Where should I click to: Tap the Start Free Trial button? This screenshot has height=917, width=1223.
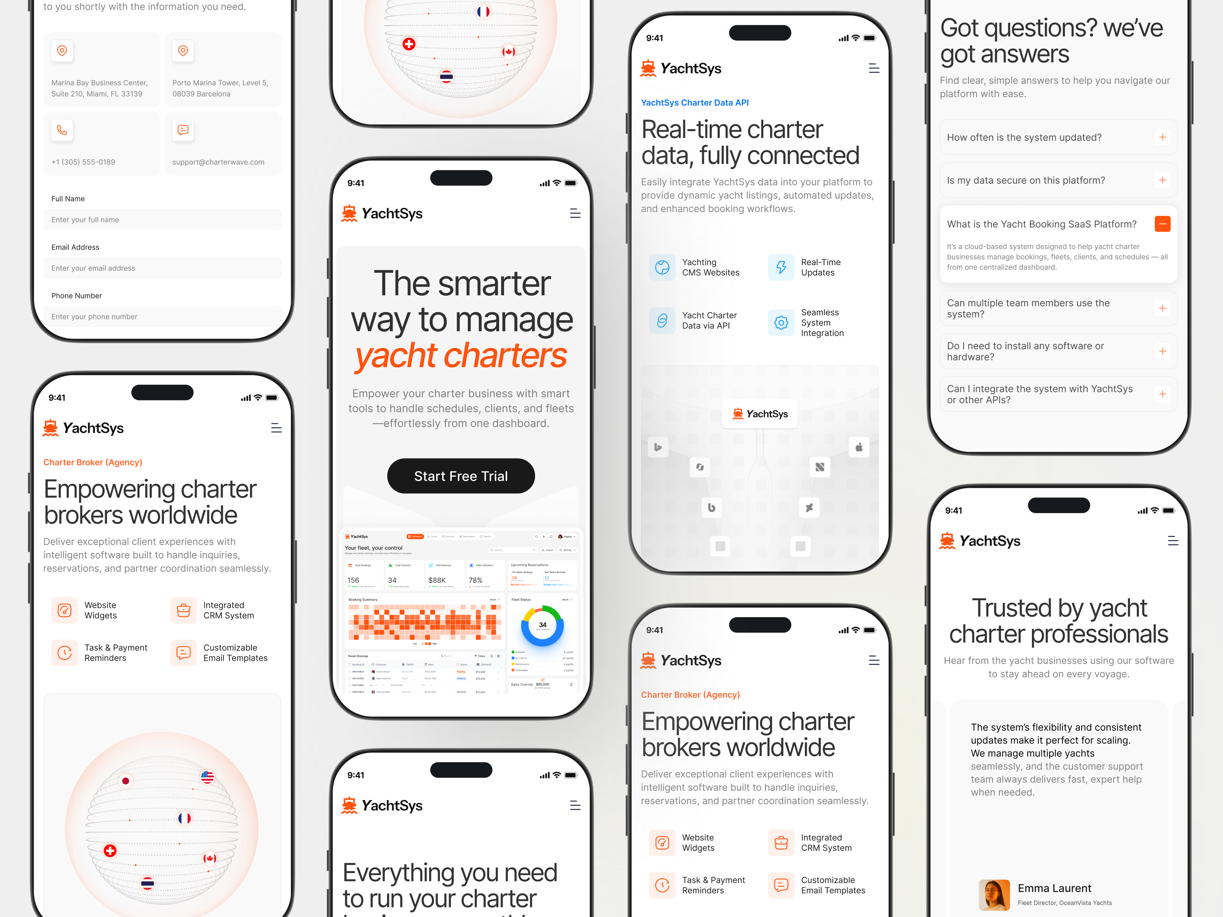(461, 476)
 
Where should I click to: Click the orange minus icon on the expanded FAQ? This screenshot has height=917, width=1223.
(1162, 224)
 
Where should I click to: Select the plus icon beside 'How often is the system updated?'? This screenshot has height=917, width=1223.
(1162, 137)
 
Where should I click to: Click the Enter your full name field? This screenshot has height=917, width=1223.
(162, 219)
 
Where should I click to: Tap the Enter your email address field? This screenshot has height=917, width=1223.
(162, 268)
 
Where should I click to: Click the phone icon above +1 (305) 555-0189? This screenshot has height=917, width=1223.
(62, 130)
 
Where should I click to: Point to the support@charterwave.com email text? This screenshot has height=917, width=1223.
(218, 162)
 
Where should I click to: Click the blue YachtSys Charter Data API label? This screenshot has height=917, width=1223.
(694, 102)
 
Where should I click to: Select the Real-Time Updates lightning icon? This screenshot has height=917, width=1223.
(781, 267)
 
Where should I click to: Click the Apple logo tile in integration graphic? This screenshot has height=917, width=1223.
(859, 447)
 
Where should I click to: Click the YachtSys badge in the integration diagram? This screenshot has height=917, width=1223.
(760, 414)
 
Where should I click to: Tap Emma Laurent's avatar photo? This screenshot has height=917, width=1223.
(994, 894)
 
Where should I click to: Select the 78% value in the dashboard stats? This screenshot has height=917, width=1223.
(475, 580)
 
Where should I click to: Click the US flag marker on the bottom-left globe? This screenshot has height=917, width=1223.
(207, 777)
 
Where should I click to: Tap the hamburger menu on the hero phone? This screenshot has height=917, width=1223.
(575, 213)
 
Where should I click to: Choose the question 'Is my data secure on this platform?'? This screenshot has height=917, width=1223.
(1026, 180)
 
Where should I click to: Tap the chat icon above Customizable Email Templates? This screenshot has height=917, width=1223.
(183, 653)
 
